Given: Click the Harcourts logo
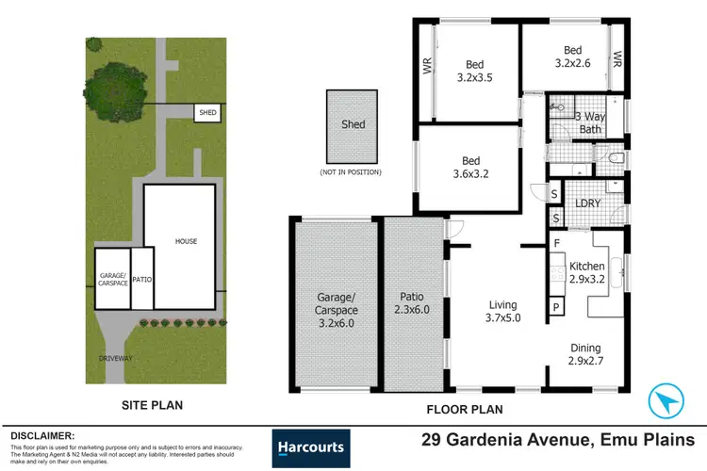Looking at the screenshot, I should [x=310, y=447].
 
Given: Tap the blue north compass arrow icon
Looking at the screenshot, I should [x=667, y=401].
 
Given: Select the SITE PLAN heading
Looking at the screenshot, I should [x=152, y=406].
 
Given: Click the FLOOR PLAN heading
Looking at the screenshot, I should [x=465, y=409].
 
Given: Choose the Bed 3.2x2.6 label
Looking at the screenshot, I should [x=572, y=58].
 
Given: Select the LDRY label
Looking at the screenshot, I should [x=589, y=202].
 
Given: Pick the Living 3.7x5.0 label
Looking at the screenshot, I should [x=501, y=311].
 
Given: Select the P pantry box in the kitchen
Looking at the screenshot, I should [x=557, y=307].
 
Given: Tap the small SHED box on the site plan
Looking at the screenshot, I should [x=206, y=113].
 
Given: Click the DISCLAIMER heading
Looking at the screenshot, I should [x=42, y=436].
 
